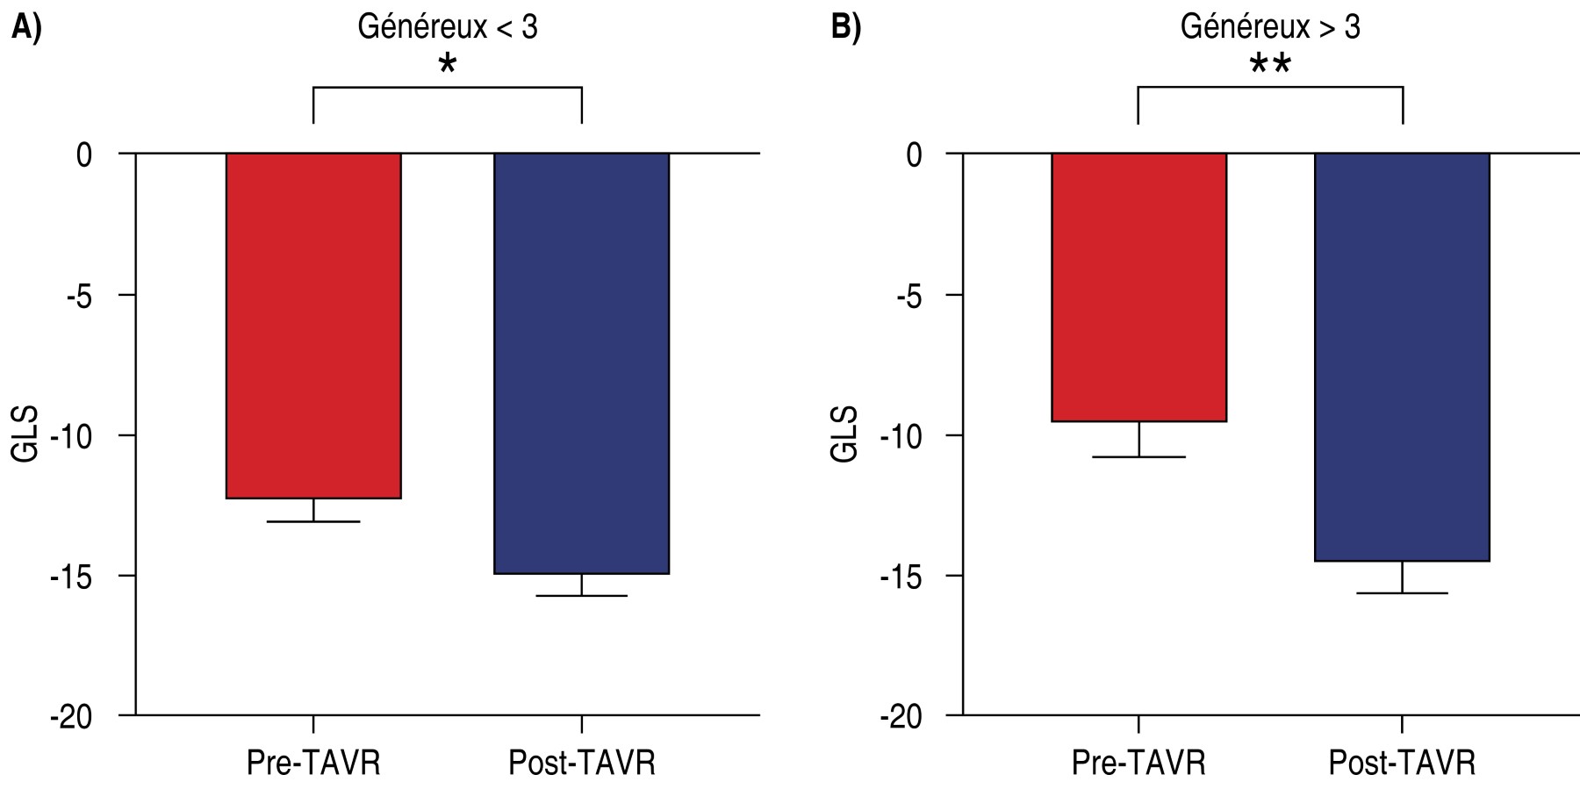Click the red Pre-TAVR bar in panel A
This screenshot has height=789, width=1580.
tap(313, 326)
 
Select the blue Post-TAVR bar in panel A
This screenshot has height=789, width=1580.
tap(581, 363)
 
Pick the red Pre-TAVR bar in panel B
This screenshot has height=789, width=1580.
tap(1138, 287)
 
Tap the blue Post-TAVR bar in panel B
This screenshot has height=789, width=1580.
tap(1402, 356)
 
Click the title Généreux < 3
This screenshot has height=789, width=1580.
tap(447, 27)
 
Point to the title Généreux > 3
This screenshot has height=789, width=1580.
tap(1270, 27)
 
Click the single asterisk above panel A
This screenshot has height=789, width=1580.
tap(448, 64)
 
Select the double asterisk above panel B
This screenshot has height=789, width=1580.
tap(1270, 64)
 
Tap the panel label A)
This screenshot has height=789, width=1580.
tap(26, 27)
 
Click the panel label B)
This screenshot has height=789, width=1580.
tap(846, 27)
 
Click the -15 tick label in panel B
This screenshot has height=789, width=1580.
tap(901, 577)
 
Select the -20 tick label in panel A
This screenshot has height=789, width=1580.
tap(72, 717)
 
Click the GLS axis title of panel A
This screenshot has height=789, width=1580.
tap(25, 434)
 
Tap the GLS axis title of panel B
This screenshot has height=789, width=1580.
tap(844, 434)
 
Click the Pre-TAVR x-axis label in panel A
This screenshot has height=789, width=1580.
tap(313, 763)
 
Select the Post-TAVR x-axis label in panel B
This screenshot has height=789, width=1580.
tap(1402, 763)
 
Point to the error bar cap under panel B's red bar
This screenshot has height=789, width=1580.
tap(1138, 456)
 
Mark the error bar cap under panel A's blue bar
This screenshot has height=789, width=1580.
tap(581, 596)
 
